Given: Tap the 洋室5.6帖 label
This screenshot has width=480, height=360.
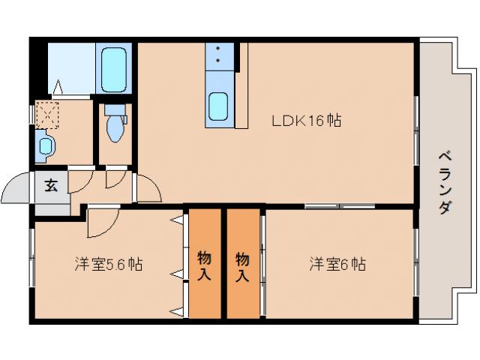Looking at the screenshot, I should [109, 265].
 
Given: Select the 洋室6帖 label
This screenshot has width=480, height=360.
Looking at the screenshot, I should [337, 265].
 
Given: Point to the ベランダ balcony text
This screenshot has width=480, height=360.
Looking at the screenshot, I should [444, 183].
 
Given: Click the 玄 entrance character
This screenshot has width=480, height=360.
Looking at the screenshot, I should [50, 186].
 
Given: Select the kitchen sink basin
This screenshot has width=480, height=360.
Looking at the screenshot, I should [219, 106].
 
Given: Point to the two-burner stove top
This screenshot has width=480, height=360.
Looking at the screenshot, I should [218, 55].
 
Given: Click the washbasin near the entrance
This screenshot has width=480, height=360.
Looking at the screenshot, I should [45, 145].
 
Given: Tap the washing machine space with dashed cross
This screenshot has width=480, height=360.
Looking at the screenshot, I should [47, 115].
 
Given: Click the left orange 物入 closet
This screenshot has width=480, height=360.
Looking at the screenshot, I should [204, 265].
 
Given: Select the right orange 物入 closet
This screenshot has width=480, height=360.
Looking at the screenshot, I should [242, 265].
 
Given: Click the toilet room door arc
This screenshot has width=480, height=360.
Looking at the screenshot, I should [116, 177].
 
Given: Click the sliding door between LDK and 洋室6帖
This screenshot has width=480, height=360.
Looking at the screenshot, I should [339, 205].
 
